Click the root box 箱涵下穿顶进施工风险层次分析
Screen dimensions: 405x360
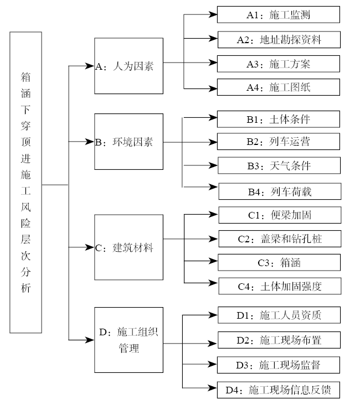(25, 183)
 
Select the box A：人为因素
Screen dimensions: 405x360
(128, 66)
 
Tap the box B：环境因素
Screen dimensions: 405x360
(128, 142)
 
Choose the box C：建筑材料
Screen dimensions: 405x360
(128, 248)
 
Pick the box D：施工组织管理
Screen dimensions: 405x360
(128, 340)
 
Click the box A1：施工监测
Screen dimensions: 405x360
(277, 15)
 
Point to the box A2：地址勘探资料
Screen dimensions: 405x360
(277, 39)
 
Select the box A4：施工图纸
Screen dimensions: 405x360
(277, 87)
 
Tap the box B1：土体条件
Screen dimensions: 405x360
(277, 119)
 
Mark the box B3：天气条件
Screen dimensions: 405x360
(279, 165)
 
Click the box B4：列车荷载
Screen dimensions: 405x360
(280, 191)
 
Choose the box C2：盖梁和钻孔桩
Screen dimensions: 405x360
(280, 239)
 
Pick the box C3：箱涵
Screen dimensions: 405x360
(280, 263)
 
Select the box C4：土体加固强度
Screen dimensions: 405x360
(280, 286)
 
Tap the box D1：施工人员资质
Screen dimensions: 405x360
(277, 315)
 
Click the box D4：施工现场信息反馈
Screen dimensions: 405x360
(277, 390)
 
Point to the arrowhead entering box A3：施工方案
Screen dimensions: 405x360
(212, 63)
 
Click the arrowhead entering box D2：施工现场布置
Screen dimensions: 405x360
(212, 340)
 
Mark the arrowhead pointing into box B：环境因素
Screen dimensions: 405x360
(90, 142)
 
